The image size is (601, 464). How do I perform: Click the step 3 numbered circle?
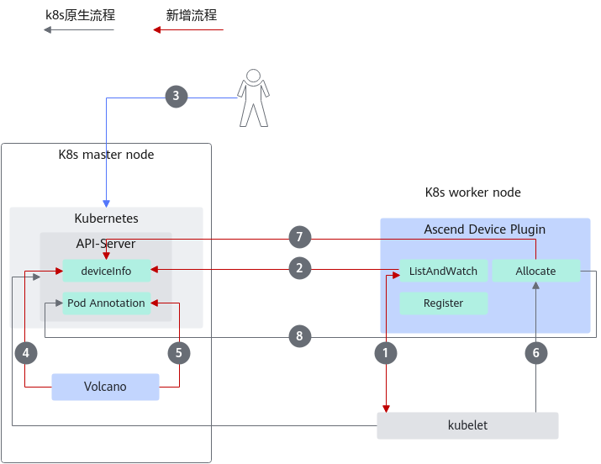(x=177, y=96)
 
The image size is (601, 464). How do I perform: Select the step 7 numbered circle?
(x=300, y=237)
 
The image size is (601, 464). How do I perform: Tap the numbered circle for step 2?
(x=300, y=268)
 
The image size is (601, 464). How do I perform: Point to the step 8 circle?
(x=300, y=336)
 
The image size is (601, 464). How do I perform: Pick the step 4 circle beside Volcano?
(x=26, y=353)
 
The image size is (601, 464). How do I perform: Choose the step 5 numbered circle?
(x=179, y=353)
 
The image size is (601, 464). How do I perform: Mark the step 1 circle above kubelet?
(x=386, y=353)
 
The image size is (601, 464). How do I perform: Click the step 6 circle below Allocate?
(x=536, y=353)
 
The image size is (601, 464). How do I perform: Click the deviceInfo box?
(x=107, y=271)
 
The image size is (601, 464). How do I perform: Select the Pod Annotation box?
(x=107, y=303)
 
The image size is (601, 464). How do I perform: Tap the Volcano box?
(x=105, y=387)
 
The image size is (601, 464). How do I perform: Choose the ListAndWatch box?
(x=444, y=271)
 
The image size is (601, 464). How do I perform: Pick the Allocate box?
(x=536, y=271)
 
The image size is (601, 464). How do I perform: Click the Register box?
(x=444, y=303)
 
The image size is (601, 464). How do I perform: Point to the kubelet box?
(x=467, y=425)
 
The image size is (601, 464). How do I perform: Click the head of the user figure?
(x=253, y=76)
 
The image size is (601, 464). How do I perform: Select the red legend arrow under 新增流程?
(x=188, y=30)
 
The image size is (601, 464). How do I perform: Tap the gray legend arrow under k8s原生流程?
(x=78, y=30)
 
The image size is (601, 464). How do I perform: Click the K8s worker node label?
(x=473, y=192)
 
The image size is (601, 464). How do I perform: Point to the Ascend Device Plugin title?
(x=485, y=229)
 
